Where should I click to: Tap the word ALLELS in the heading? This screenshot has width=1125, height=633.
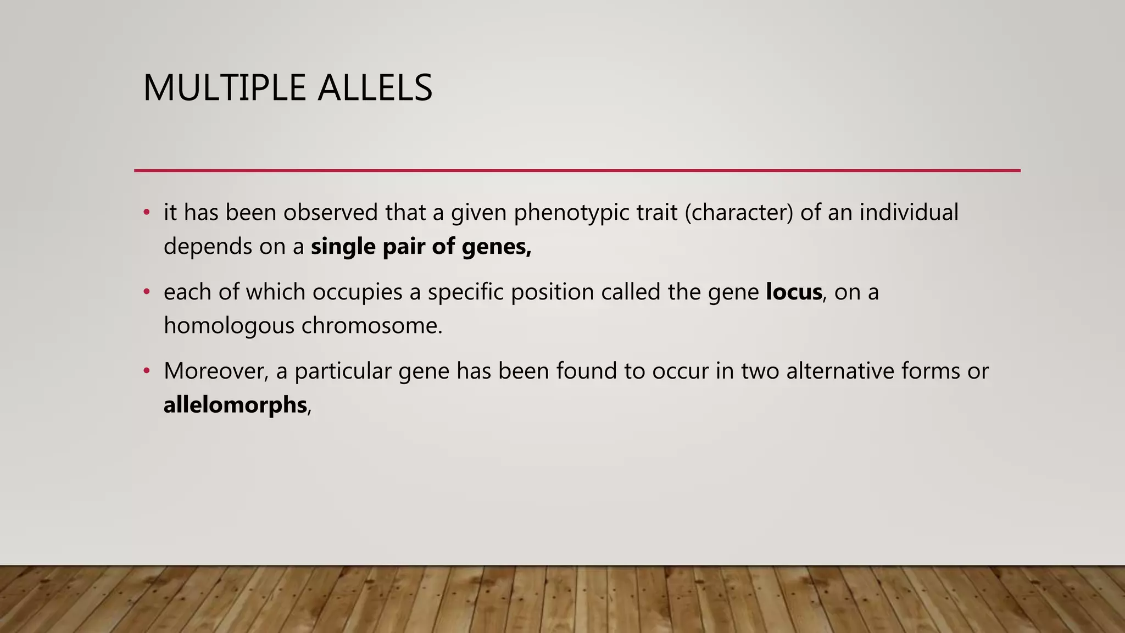click(x=375, y=88)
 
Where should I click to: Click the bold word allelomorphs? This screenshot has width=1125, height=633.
click(x=235, y=406)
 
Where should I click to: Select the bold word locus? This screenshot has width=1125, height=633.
click(x=794, y=292)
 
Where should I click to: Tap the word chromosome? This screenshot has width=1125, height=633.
click(x=372, y=326)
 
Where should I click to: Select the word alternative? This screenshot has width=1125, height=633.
click(x=840, y=371)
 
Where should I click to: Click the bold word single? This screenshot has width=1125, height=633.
click(x=343, y=247)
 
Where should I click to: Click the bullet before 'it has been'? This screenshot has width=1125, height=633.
click(x=146, y=213)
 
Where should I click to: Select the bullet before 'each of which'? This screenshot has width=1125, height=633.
click(x=146, y=292)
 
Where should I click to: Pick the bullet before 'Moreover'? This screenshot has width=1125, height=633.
click(x=146, y=371)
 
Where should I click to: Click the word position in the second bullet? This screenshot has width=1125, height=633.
click(x=552, y=292)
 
